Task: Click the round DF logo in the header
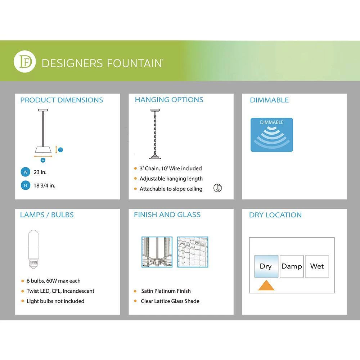[24, 62]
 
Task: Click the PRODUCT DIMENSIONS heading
[62, 100]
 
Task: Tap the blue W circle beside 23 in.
[26, 172]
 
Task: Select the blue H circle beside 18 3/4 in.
[26, 186]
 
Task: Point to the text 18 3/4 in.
[44, 186]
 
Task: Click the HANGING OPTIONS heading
[169, 100]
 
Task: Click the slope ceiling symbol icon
[217, 188]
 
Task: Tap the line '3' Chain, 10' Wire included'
[171, 168]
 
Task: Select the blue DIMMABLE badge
[272, 135]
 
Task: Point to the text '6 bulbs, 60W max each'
[54, 281]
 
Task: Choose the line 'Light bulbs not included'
[55, 301]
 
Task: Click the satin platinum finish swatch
[157, 252]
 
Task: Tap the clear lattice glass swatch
[193, 252]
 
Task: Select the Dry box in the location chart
[266, 266]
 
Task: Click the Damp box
[292, 266]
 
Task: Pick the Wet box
[317, 266]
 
